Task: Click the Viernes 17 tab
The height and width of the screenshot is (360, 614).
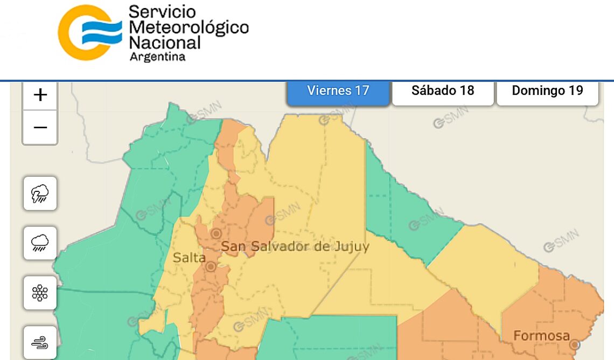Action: (338, 91)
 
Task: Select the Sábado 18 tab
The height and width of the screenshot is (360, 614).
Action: (443, 91)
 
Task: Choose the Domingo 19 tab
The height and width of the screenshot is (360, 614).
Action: (547, 91)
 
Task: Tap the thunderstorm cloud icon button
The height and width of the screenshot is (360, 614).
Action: (40, 193)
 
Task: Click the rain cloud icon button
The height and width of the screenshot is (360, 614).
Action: (40, 243)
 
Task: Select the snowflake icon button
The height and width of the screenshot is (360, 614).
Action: (40, 293)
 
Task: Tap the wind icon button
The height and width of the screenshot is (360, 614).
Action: (40, 342)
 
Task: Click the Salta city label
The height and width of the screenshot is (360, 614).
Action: (189, 258)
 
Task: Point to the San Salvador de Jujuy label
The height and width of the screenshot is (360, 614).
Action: (296, 247)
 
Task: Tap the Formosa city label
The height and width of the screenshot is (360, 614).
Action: (541, 336)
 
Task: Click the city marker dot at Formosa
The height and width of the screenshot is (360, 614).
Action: (575, 344)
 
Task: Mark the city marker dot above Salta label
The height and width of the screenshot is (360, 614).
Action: (216, 233)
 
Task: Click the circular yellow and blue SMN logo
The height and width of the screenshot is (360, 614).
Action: (89, 32)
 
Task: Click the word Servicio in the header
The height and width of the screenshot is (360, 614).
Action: (162, 12)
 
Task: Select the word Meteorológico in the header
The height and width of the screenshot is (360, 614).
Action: (189, 27)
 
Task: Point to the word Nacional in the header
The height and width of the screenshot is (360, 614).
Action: (165, 42)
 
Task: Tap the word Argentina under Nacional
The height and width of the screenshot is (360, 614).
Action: (157, 57)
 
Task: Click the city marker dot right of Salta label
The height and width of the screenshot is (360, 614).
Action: (211, 266)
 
